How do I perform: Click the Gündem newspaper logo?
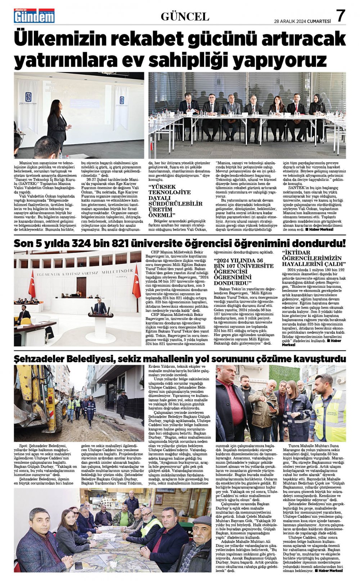[x=34, y=16]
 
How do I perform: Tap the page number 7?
[x=340, y=16]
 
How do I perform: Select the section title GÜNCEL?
[x=185, y=17]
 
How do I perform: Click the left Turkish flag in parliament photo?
[x=32, y=284]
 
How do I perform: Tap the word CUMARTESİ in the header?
[x=319, y=21]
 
